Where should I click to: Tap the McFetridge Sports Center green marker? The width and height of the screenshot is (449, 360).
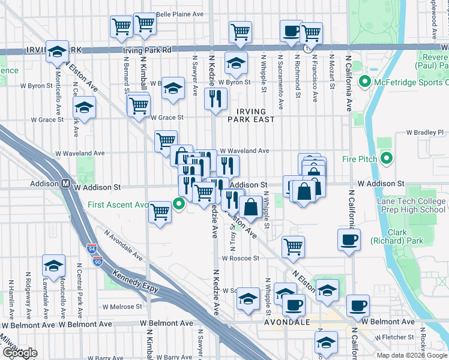[363, 81]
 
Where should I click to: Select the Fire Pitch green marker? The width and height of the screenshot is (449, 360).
[387, 159]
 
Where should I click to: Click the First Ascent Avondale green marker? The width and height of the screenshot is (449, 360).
[179, 205]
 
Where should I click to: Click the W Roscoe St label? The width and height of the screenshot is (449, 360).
[240, 259]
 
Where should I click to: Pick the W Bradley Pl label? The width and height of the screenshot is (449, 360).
[424, 132]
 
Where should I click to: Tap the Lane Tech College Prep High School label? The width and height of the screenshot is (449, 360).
[411, 206]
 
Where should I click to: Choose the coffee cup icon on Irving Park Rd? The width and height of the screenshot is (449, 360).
[292, 31]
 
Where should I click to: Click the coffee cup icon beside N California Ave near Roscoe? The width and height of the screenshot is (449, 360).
[349, 240]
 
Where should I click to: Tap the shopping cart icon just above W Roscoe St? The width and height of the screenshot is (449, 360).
[293, 246]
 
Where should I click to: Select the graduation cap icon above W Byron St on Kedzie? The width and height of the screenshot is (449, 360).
[237, 62]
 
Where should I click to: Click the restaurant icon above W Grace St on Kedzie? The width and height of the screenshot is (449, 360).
[215, 98]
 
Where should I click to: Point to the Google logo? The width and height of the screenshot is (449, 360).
[19, 353]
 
